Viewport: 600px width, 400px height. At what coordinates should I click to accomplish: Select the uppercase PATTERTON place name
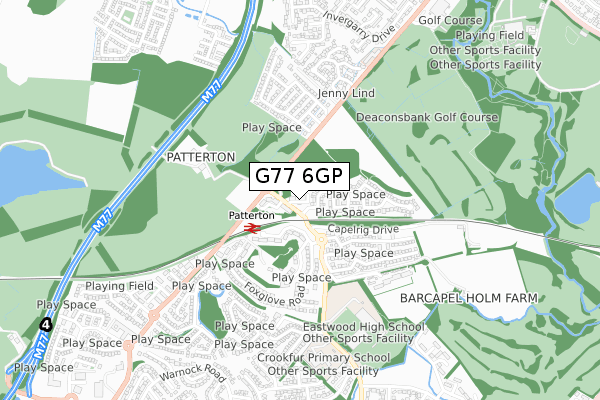point(200,157)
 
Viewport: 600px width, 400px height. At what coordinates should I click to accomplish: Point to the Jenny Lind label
point(317,93)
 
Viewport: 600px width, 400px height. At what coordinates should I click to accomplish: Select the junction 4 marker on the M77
point(45,325)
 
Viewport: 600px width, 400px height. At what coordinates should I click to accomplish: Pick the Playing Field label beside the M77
point(119,286)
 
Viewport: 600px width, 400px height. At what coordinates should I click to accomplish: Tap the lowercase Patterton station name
point(251,215)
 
